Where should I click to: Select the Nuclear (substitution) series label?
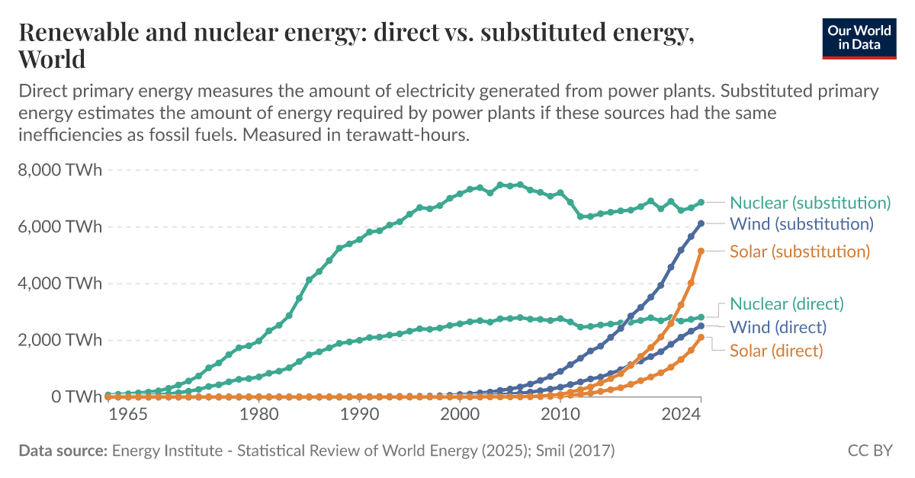(x=810, y=203)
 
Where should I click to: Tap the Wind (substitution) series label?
(x=801, y=224)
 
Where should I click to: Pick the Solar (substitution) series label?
(x=799, y=252)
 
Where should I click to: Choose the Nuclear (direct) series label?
(x=787, y=304)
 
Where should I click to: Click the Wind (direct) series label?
(x=778, y=328)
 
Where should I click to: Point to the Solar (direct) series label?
(x=776, y=351)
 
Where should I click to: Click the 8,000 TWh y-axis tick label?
(x=59, y=170)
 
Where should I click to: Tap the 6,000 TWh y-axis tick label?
(x=59, y=227)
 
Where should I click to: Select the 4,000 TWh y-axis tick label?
(x=59, y=284)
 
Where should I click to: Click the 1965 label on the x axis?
(x=127, y=415)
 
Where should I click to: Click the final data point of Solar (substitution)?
(x=701, y=251)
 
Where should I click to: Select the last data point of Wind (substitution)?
(x=701, y=223)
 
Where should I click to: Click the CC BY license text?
(x=870, y=451)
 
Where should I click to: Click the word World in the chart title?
(x=52, y=59)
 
